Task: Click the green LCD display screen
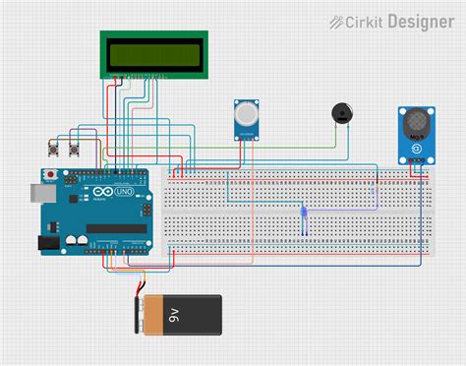(x=154, y=54)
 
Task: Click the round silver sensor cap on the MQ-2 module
(x=245, y=116)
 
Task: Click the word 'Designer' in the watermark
(x=420, y=20)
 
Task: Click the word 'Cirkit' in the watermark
(x=367, y=20)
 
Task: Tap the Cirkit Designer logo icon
(x=337, y=20)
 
